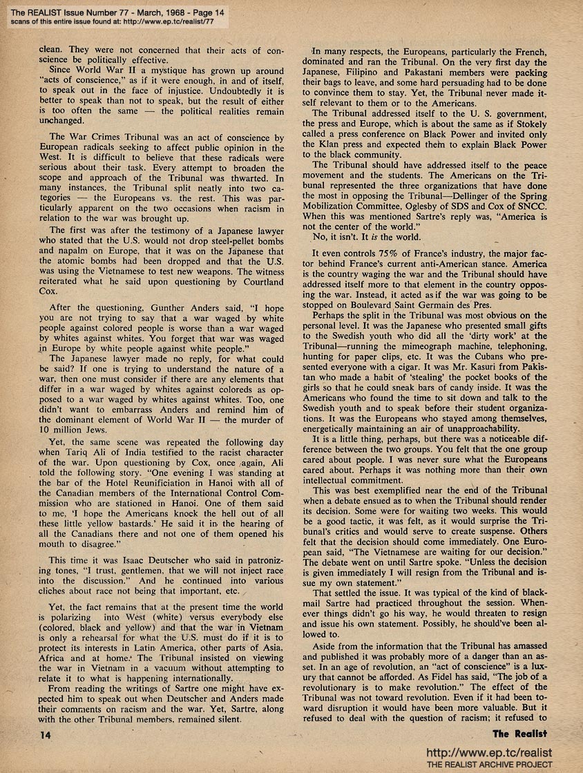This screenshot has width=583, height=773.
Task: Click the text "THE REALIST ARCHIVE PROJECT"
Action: [x=489, y=764]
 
